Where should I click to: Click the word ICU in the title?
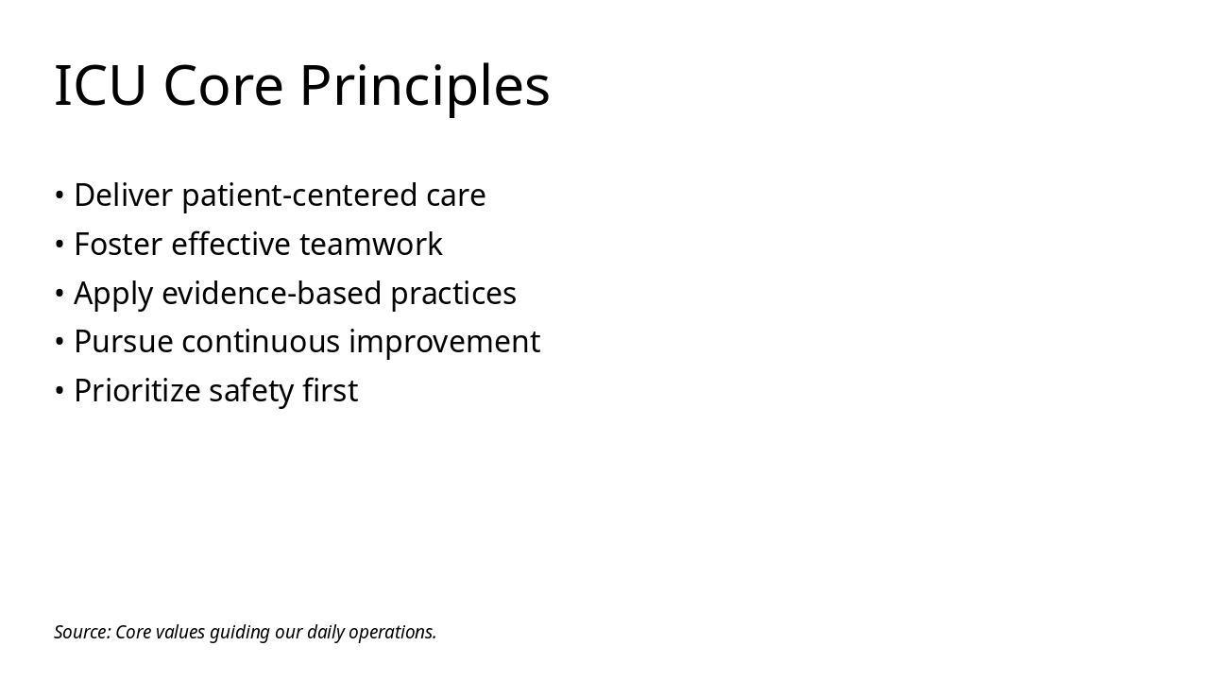(100, 85)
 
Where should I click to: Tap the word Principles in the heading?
(425, 89)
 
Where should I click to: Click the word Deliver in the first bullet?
(123, 195)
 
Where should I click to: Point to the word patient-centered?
(299, 196)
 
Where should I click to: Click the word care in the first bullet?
(456, 198)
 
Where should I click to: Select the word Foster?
(118, 244)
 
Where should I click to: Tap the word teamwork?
(371, 245)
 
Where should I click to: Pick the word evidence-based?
(271, 293)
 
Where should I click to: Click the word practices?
(453, 295)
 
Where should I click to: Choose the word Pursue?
(124, 342)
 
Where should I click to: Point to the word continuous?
(261, 343)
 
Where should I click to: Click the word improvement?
(445, 343)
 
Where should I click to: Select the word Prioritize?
(137, 391)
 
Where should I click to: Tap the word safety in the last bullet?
(251, 392)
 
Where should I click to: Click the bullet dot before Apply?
(60, 294)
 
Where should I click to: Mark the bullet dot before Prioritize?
(60, 391)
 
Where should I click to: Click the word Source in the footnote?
(82, 632)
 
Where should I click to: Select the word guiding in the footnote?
(239, 633)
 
